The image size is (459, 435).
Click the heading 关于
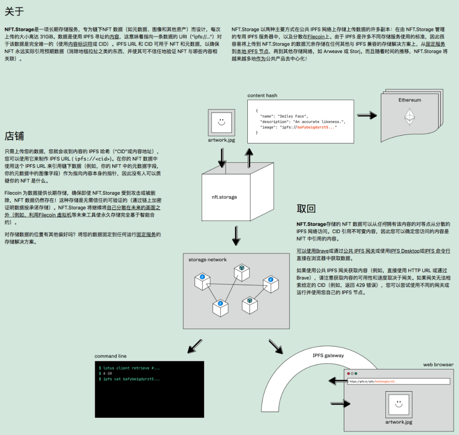[x=14, y=12]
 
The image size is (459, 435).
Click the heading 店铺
[x=14, y=136]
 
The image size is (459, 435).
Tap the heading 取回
[x=306, y=209]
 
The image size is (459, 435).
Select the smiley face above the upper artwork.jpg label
[x=221, y=122]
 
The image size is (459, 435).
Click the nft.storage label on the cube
[x=224, y=197]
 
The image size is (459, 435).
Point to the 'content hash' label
[x=262, y=96]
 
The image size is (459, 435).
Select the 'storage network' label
[x=207, y=259]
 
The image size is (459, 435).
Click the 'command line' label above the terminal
[x=110, y=356]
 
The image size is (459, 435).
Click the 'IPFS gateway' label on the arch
[x=328, y=355]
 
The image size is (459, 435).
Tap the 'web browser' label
[x=438, y=364]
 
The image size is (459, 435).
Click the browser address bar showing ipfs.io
[x=398, y=381]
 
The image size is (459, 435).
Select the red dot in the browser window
[x=348, y=374]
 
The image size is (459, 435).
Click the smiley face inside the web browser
[x=399, y=404]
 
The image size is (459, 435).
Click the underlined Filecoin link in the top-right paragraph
[x=316, y=37]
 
